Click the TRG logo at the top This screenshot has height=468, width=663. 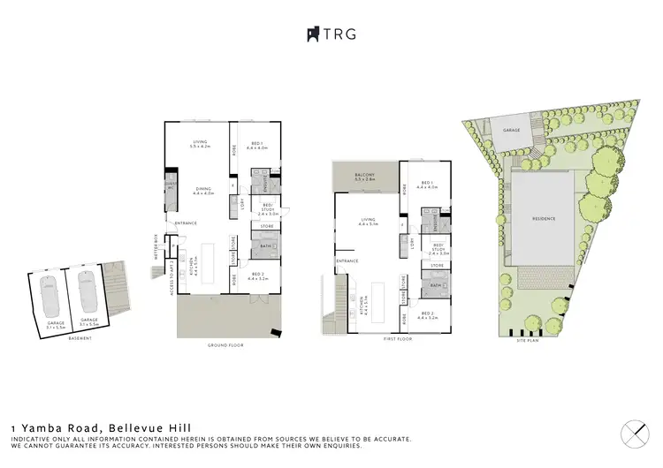331,34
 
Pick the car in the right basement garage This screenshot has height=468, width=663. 87,288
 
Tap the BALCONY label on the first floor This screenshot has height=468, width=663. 366,177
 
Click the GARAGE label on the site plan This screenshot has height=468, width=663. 510,130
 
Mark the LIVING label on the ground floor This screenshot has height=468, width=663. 202,145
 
